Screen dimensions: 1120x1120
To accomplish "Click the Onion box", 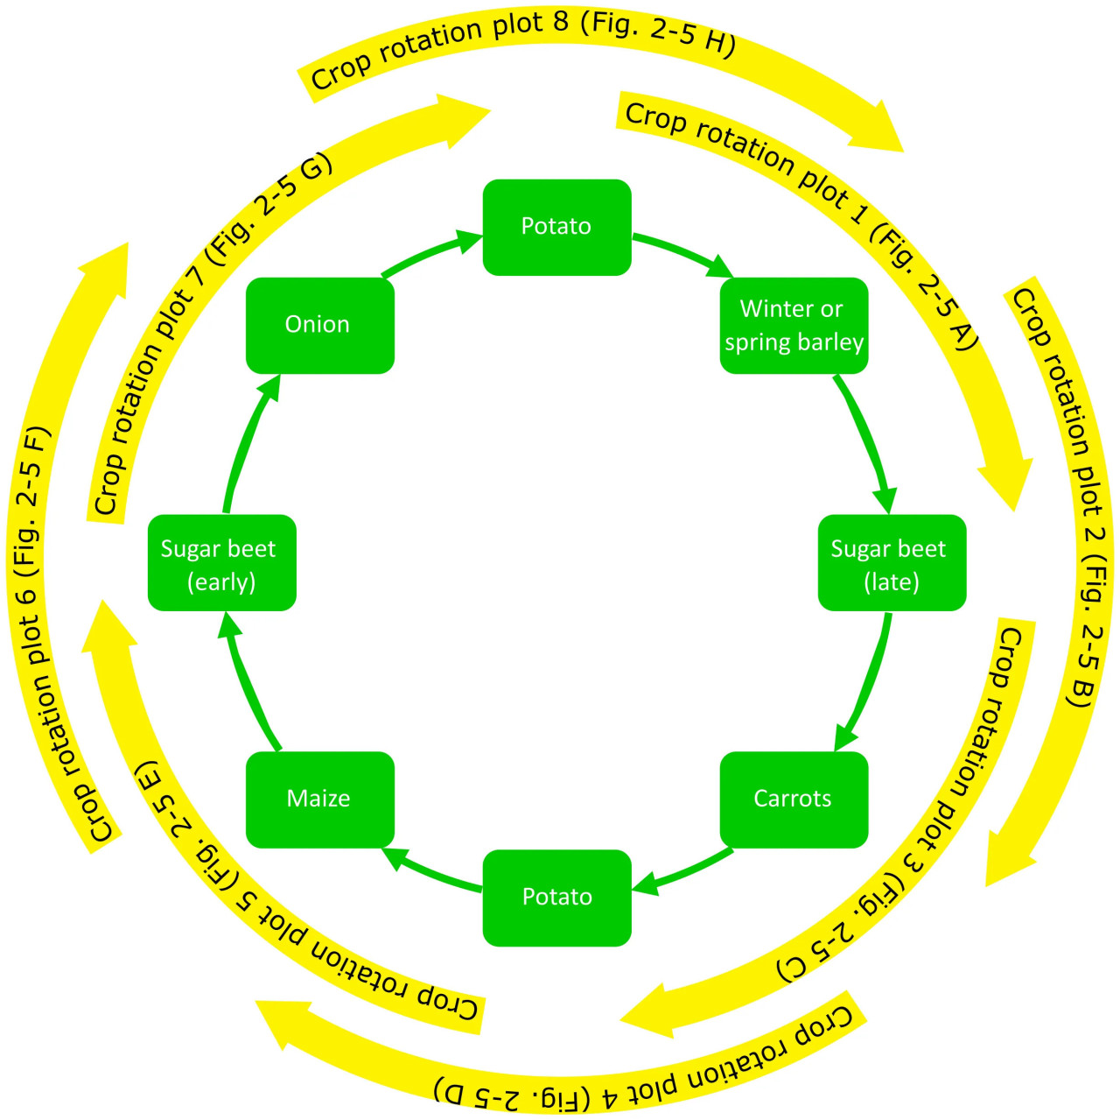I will click(319, 325).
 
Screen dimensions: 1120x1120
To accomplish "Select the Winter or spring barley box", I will click(794, 325).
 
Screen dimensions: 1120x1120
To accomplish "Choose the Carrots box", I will click(794, 799).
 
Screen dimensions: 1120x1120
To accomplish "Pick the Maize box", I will click(319, 799).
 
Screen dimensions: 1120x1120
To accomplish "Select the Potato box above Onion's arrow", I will click(556, 227).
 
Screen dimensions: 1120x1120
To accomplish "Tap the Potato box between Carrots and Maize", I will click(556, 897).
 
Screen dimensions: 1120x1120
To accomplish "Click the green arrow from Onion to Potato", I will click(429, 253).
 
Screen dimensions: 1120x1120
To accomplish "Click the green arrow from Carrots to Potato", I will click(682, 874).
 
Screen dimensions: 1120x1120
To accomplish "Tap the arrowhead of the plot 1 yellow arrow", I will click(1006, 477).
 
